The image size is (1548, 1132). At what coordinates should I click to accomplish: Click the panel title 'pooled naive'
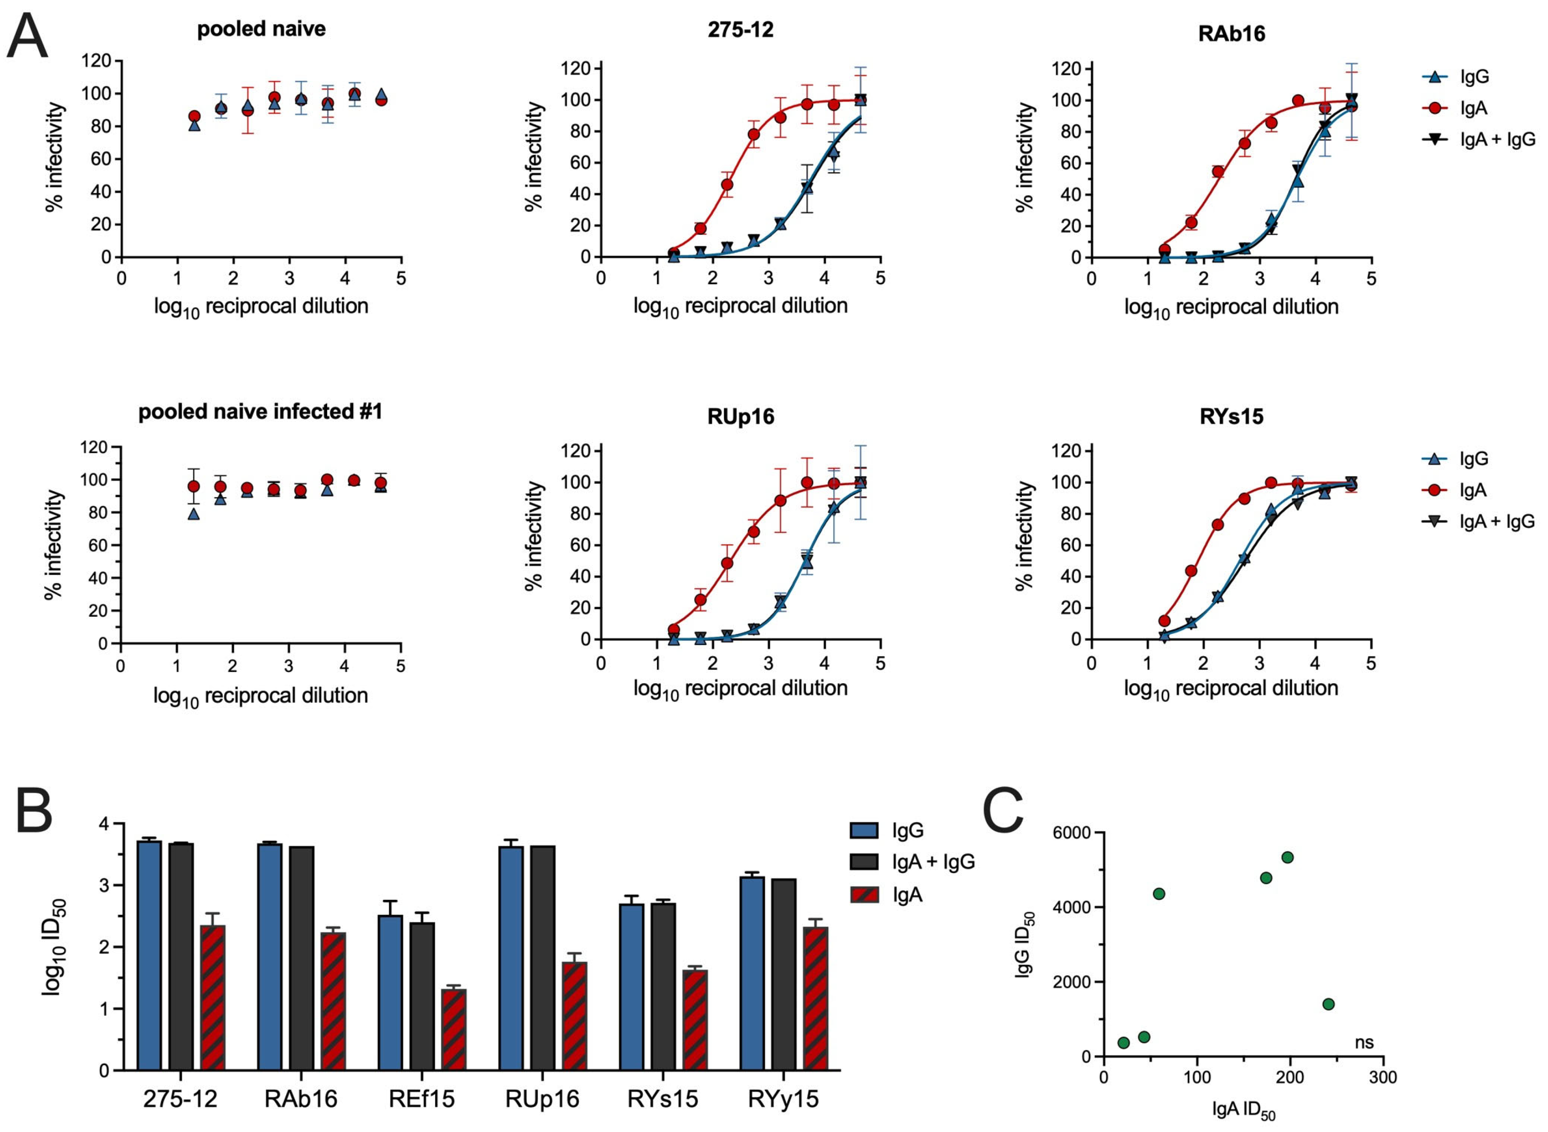coord(261,29)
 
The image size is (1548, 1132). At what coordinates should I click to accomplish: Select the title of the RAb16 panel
coord(1231,33)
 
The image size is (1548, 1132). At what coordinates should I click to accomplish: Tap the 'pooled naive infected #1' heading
coord(261,412)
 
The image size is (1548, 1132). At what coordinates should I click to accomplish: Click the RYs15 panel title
coord(1231,416)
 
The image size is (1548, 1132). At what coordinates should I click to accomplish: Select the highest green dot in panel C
coord(1287,857)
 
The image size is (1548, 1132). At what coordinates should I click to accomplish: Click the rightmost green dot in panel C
coord(1328,1004)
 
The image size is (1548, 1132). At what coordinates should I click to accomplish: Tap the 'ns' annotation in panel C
coord(1364,1042)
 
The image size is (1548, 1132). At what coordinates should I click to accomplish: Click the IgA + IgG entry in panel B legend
coord(932,861)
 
